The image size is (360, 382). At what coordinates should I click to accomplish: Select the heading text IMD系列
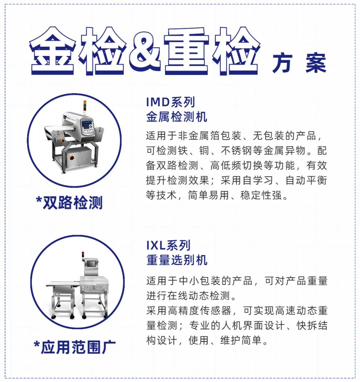coord(171,102)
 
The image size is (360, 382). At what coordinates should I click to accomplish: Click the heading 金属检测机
coord(177,117)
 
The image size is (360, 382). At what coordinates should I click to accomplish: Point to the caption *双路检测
coord(69,203)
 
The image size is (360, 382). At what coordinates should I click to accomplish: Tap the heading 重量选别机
coord(177,260)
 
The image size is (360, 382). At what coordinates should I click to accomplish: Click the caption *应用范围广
coord(75,347)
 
